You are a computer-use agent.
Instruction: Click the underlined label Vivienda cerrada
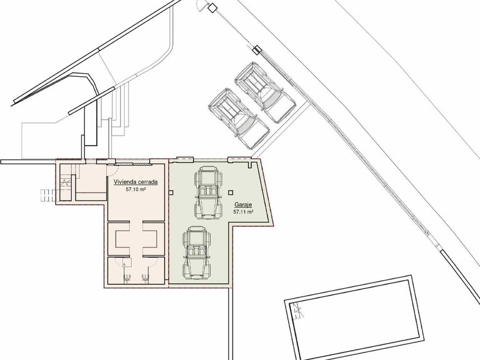[136, 182]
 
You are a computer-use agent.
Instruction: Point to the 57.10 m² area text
[136, 190]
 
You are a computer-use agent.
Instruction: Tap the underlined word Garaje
[243, 204]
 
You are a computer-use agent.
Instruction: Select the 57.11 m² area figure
[243, 212]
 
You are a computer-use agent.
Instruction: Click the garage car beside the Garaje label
[208, 192]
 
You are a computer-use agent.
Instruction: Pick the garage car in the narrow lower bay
[196, 253]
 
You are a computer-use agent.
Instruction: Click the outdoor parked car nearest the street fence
[264, 92]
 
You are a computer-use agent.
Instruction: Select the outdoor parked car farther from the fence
[239, 119]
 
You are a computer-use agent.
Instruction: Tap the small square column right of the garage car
[231, 192]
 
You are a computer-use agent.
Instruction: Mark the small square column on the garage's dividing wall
[171, 192]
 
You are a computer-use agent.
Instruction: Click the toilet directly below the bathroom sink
[127, 278]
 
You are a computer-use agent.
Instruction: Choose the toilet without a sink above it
[145, 278]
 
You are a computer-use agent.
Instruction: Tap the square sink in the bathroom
[127, 262]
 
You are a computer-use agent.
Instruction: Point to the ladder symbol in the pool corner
[297, 311]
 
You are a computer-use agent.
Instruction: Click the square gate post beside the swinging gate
[211, 7]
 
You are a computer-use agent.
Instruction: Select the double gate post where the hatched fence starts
[257, 49]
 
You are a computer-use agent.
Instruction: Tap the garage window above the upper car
[186, 159]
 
